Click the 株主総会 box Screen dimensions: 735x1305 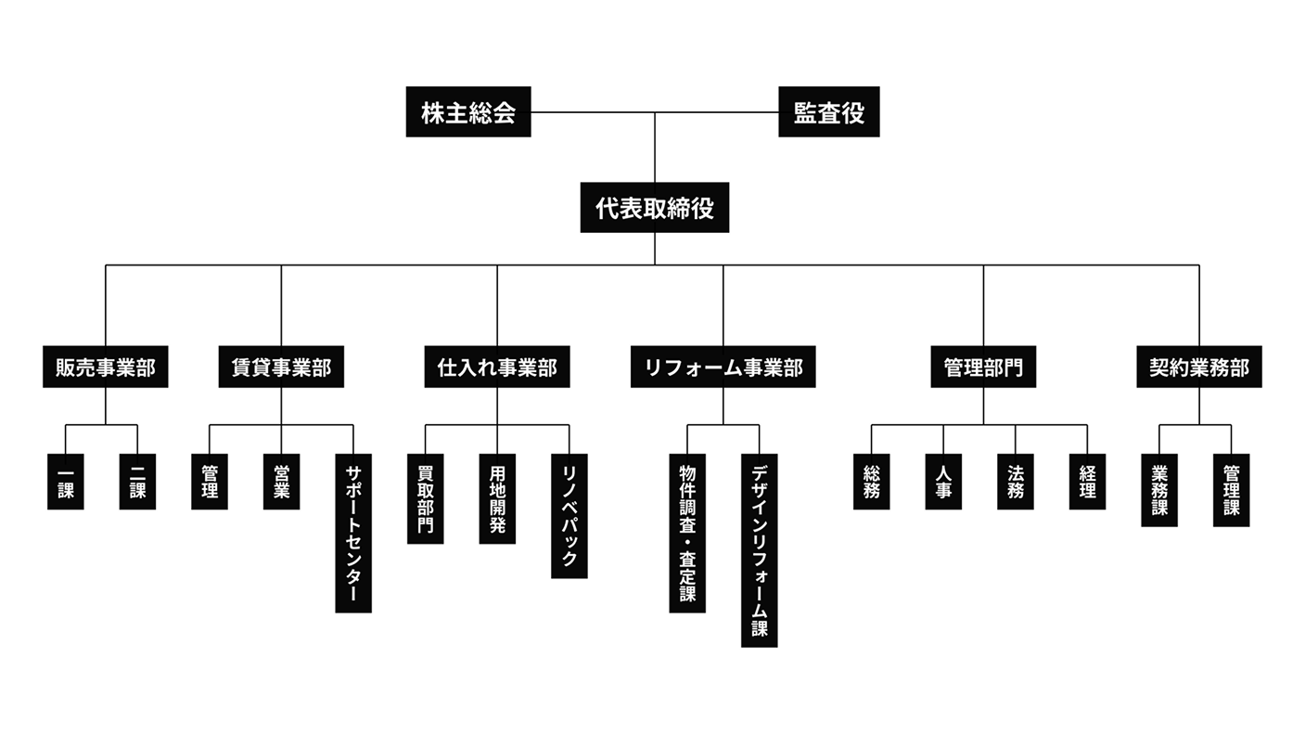point(468,112)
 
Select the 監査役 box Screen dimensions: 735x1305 point(828,112)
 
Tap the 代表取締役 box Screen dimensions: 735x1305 point(655,207)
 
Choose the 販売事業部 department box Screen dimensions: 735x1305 point(106,367)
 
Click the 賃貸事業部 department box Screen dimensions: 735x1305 point(281,367)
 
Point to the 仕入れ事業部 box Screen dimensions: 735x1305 point(497,367)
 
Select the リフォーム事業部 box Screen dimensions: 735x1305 point(723,367)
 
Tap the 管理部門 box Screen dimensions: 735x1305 point(983,367)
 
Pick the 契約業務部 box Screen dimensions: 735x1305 point(1199,367)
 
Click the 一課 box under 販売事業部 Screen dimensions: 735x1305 point(66,482)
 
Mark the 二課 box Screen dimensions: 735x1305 point(137,482)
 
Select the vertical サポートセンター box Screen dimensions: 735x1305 point(353,533)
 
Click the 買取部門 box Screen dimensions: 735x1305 point(426,498)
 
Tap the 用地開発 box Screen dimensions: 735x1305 point(497,498)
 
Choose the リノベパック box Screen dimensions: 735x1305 point(569,516)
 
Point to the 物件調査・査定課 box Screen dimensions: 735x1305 point(687,533)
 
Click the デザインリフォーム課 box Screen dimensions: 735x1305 point(760,550)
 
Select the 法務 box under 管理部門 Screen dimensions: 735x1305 point(1016,482)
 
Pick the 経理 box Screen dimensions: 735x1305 point(1087,482)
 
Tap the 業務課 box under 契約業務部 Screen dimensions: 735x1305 point(1159,490)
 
